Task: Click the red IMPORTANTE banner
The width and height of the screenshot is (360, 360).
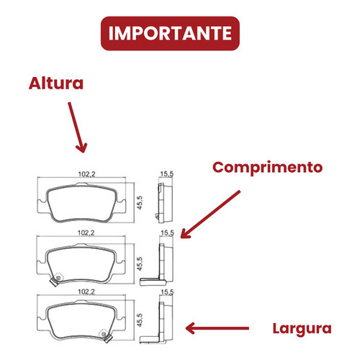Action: point(170,33)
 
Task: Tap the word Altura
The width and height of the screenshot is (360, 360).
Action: point(56,84)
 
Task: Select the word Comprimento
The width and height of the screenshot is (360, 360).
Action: point(267,168)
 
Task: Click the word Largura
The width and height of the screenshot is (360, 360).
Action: point(302,329)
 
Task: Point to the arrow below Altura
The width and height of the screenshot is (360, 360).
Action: point(77,127)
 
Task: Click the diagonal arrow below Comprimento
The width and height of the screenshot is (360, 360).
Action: point(210,215)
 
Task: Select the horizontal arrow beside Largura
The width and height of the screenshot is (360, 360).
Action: point(217,328)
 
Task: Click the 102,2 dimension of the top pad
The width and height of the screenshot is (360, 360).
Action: point(86,174)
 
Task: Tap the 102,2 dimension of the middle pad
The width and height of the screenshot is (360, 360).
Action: point(86,233)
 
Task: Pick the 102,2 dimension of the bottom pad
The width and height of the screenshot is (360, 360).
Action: point(86,292)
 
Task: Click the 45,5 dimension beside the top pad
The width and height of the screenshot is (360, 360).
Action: point(140,203)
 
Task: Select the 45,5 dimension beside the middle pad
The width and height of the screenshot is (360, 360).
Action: point(140,264)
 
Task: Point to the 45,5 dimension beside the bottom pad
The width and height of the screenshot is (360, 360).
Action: point(140,320)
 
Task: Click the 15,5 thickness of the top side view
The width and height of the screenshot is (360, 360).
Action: point(167,174)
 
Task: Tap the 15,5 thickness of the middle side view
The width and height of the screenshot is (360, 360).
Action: point(167,233)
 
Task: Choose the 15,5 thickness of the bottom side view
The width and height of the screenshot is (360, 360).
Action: point(167,292)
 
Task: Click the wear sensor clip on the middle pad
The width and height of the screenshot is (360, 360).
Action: point(56,279)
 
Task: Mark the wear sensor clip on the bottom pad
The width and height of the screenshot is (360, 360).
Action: point(106,336)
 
